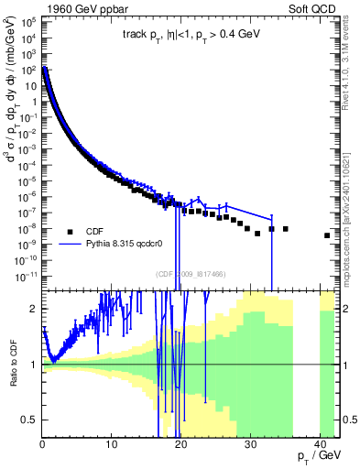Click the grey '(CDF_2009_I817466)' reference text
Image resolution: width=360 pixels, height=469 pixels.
(x=191, y=273)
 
